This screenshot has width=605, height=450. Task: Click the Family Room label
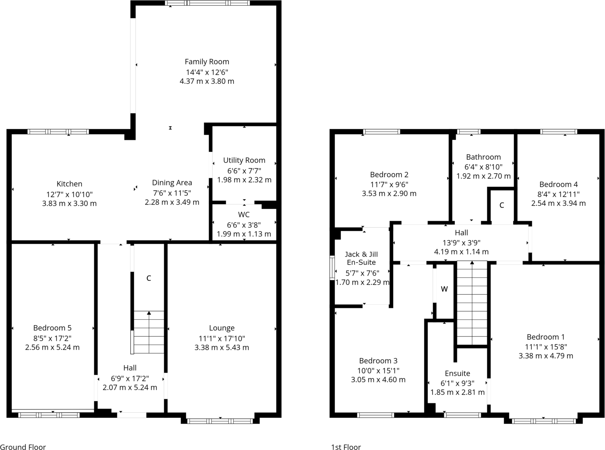click(207, 62)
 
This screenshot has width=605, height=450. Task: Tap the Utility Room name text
click(244, 160)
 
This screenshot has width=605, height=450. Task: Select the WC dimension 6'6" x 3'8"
click(244, 225)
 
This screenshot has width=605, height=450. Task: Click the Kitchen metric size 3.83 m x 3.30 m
click(69, 203)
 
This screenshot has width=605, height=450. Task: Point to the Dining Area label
click(172, 182)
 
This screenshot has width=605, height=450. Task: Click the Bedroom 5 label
click(52, 328)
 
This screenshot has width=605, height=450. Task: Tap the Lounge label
click(221, 328)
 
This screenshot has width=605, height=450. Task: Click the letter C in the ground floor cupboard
click(148, 278)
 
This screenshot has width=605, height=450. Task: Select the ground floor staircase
click(148, 332)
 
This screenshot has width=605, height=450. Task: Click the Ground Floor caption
click(23, 447)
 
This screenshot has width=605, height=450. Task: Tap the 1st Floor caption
click(346, 447)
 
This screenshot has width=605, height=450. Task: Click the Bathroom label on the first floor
click(483, 157)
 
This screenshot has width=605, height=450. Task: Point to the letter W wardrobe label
click(444, 289)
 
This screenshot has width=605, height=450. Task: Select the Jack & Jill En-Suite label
click(361, 258)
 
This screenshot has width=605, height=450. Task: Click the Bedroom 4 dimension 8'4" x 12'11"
click(558, 194)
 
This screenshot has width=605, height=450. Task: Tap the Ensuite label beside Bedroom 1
click(457, 373)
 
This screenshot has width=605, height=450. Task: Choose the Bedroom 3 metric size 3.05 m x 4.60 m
click(378, 380)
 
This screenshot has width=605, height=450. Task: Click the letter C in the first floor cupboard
click(502, 205)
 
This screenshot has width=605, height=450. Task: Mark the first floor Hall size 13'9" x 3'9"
click(461, 242)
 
